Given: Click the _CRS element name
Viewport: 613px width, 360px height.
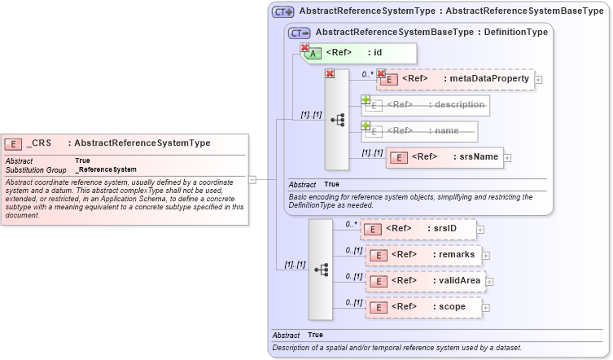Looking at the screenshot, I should click(x=40, y=143).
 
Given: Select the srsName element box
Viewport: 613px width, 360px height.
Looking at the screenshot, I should click(x=444, y=156).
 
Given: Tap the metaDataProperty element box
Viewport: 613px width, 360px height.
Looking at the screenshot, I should click(x=455, y=79).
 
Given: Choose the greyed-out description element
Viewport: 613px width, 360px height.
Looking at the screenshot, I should click(x=425, y=105).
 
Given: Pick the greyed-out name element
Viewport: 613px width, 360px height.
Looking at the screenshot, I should click(x=418, y=130).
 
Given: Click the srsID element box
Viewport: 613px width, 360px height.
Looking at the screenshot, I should click(x=418, y=229).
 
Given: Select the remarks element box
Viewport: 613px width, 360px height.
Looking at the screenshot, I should click(x=423, y=255).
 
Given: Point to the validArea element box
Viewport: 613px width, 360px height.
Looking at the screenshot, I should click(x=426, y=281).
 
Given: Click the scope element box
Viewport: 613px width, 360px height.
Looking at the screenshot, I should click(x=423, y=307).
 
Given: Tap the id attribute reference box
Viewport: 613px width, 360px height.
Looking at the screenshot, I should click(x=359, y=53).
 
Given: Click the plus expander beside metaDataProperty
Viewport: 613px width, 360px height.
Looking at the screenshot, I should click(x=538, y=80).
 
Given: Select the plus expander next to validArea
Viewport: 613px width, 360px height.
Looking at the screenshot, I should click(x=490, y=282).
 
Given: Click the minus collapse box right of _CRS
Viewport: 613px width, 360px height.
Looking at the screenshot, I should click(x=252, y=179).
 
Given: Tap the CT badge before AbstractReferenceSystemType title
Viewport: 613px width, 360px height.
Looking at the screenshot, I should click(x=282, y=11).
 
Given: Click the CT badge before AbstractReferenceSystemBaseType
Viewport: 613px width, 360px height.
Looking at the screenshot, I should click(x=300, y=33).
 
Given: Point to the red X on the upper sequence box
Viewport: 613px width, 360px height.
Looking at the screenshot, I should click(x=330, y=73).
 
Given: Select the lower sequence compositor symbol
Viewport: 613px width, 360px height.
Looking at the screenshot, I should click(x=321, y=268).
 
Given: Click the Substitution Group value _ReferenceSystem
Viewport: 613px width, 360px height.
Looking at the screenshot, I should click(x=106, y=169).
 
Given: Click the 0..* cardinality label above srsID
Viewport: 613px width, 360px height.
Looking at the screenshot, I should click(x=351, y=223).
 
